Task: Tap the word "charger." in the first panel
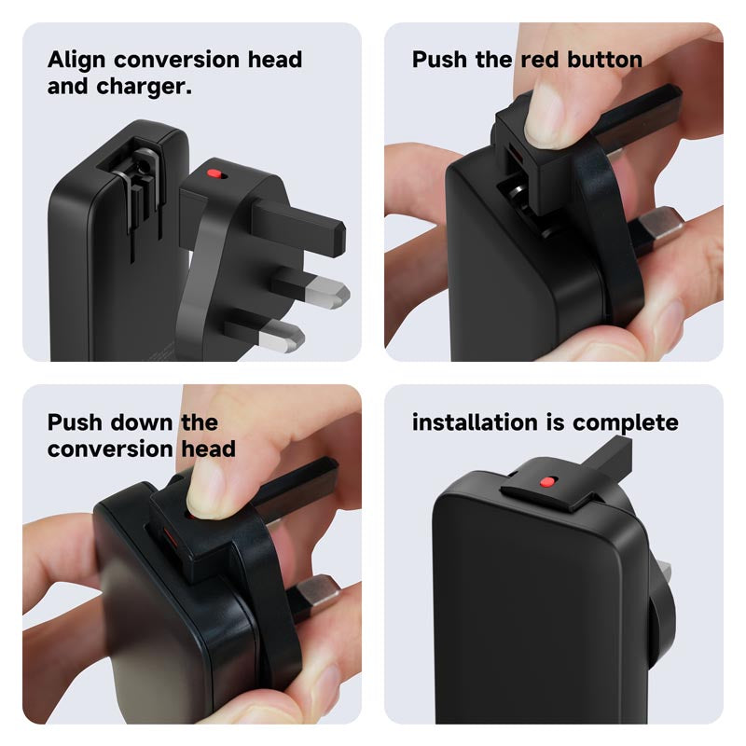tap(145, 87)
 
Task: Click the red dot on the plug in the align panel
tap(214, 173)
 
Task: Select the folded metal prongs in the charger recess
tap(138, 186)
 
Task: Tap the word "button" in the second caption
tap(604, 60)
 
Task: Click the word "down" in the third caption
tap(142, 422)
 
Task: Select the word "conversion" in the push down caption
tap(110, 449)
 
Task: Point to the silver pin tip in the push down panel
tap(318, 592)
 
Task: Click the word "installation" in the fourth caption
tap(481, 422)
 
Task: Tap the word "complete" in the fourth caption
tap(626, 423)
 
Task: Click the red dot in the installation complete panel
tap(547, 482)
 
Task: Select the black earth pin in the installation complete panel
tap(609, 457)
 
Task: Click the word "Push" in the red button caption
tap(439, 60)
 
